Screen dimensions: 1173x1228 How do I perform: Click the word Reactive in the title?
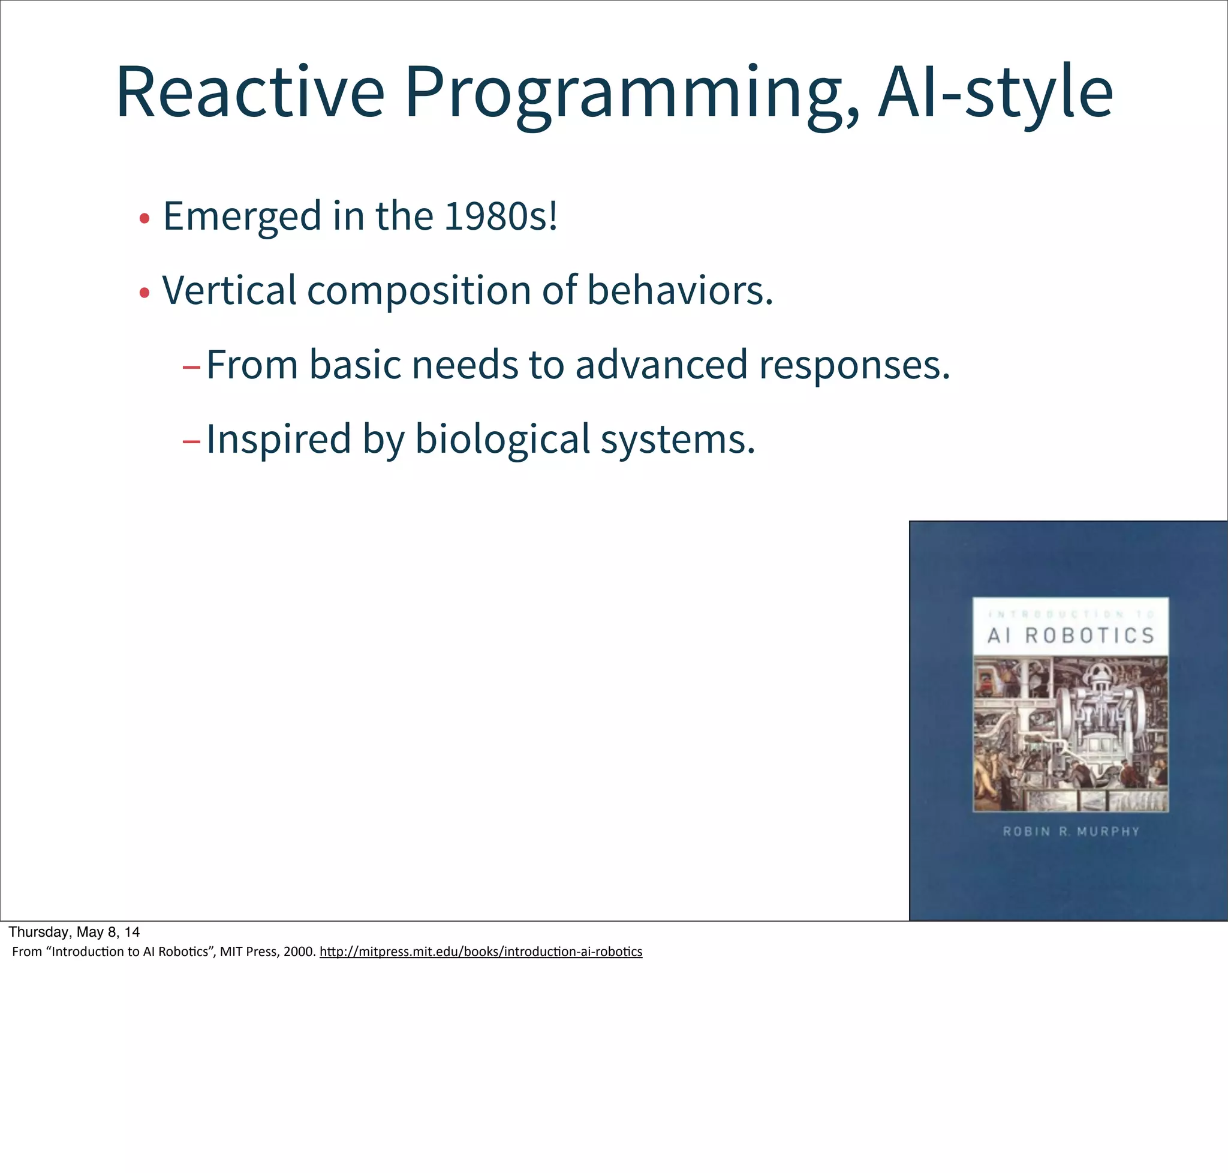tap(249, 92)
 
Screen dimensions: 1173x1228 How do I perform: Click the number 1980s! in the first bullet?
tap(500, 216)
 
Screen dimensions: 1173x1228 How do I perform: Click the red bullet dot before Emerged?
tap(145, 219)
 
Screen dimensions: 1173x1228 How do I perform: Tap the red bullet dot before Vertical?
tap(145, 293)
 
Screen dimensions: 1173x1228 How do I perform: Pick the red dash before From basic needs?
tap(191, 367)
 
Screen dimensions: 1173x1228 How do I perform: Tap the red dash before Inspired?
tap(191, 441)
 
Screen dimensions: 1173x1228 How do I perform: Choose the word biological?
tap(502, 440)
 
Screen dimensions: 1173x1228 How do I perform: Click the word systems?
tap(678, 440)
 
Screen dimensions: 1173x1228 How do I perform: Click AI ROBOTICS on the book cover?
tap(1070, 636)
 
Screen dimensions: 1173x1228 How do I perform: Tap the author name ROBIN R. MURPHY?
tap(1071, 832)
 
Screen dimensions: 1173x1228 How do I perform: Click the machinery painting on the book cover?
tap(1070, 733)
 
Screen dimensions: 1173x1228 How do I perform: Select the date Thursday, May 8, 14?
tap(74, 933)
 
